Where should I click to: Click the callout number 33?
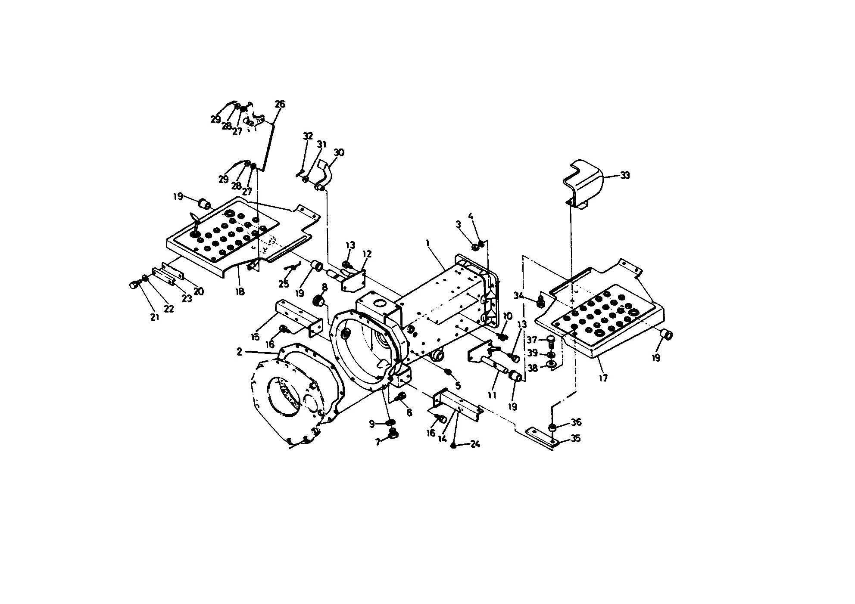625,175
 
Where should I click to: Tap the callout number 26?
280,104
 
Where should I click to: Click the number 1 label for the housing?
428,243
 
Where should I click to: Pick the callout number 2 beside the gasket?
240,352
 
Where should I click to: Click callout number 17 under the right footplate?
603,378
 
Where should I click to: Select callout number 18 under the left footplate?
240,291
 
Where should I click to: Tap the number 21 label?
155,317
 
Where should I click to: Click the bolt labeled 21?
134,285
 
